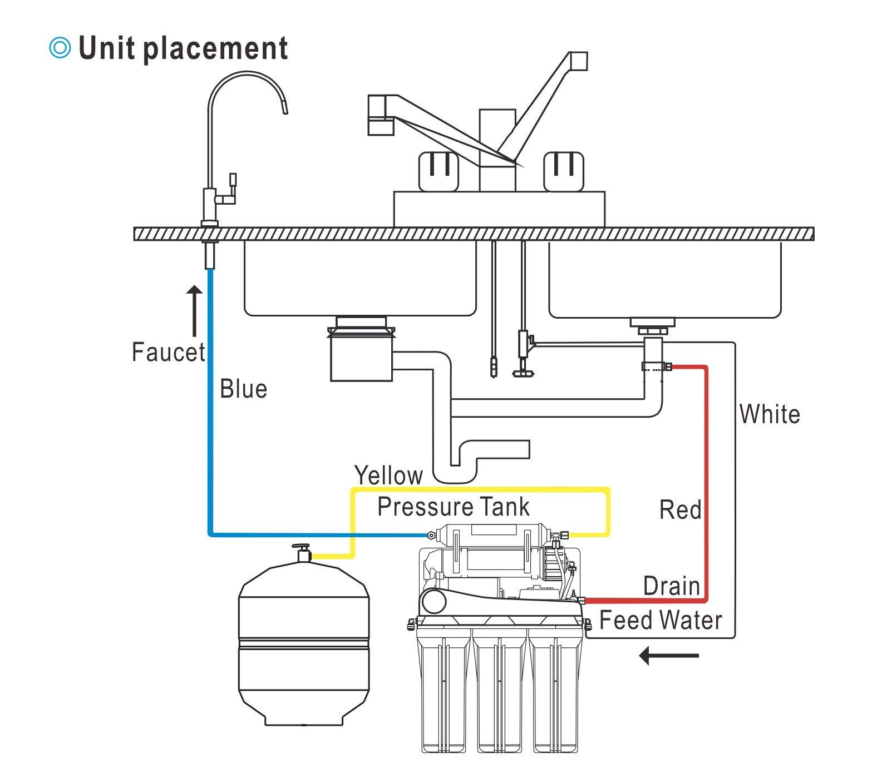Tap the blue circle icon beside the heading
60,48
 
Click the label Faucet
168,353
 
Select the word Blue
243,389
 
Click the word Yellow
388,475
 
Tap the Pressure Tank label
453,507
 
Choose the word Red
680,510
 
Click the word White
770,415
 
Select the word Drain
671,586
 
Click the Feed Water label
661,621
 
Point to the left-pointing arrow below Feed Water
668,656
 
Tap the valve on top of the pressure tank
303,553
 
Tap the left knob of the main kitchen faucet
438,171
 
